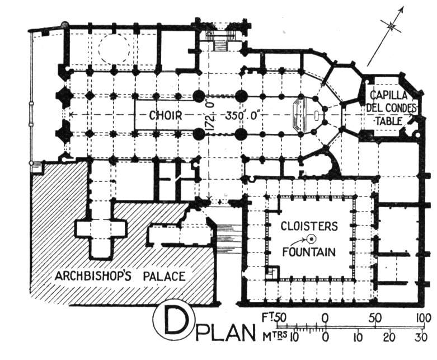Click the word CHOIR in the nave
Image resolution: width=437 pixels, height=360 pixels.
(166, 115)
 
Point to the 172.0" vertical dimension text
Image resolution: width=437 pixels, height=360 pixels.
(210, 115)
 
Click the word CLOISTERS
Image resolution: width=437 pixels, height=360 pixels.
(309, 226)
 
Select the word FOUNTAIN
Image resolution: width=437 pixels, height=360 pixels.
(309, 252)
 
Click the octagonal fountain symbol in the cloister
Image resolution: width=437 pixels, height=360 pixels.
(311, 239)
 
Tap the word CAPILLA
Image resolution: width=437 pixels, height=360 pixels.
(388, 95)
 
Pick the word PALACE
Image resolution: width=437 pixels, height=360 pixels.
(164, 277)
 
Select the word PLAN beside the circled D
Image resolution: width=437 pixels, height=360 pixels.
(225, 332)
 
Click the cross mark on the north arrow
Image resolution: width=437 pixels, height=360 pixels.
(392, 26)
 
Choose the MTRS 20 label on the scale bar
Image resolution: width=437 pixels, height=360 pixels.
(389, 337)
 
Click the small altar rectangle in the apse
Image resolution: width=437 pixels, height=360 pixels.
(316, 115)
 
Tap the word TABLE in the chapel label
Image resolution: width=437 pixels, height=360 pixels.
(388, 121)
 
